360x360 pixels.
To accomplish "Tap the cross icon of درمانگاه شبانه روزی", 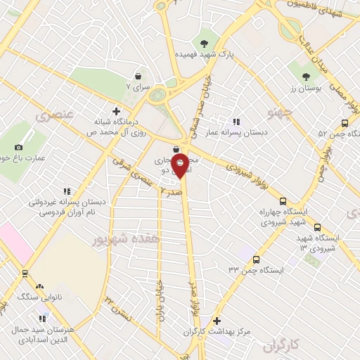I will pos(116,110).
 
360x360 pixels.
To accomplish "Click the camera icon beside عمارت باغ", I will pos(18,147).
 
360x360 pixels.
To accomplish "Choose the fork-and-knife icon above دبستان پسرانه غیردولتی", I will pos(67,191).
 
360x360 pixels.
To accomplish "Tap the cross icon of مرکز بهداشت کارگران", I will pos(217,320).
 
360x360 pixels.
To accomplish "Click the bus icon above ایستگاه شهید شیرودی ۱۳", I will pos(317,227).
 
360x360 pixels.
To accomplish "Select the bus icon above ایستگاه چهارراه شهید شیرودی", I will pos(283,201).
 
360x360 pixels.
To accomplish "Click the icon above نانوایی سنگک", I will pos(39,286).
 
